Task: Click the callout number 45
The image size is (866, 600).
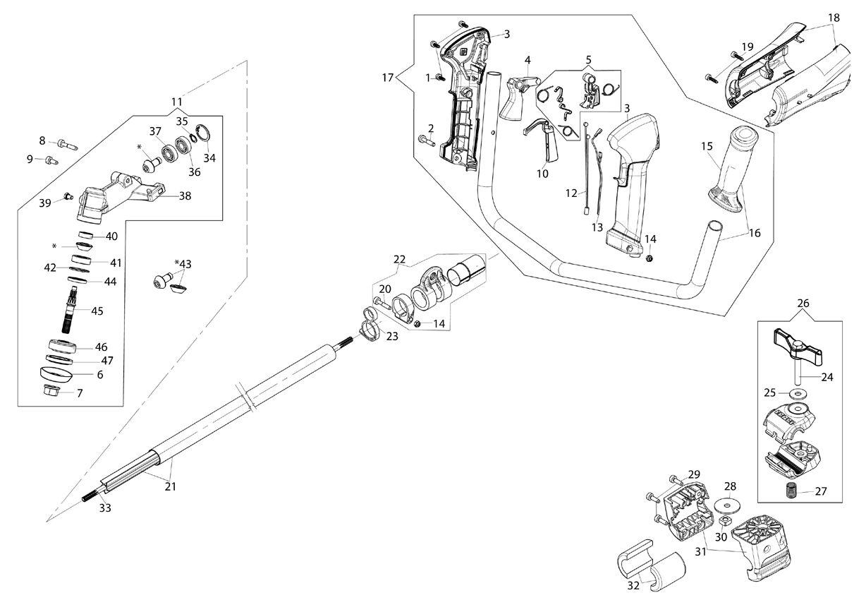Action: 97,311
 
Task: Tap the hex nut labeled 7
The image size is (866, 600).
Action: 51,390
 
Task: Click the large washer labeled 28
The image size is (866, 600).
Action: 728,505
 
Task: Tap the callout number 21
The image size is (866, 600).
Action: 171,486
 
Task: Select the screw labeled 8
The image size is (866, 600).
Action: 68,145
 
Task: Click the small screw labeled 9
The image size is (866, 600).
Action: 52,160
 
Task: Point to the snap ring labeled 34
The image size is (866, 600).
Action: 203,133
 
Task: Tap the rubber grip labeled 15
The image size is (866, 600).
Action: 733,170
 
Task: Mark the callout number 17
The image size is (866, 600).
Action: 388,78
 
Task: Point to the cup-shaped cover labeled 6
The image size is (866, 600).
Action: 56,374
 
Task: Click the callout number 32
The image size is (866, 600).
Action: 633,586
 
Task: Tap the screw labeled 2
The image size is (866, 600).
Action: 427,140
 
